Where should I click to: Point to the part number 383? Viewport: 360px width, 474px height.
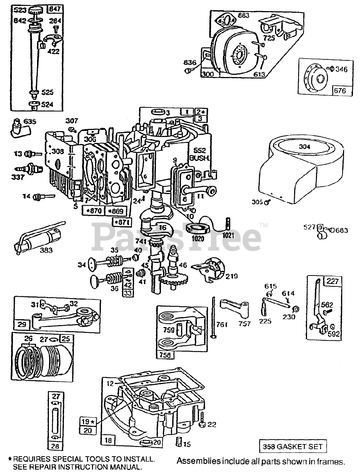[46, 250]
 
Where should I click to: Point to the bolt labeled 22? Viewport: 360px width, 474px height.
[211, 424]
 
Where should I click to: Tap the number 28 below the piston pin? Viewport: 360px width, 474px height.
[55, 446]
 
